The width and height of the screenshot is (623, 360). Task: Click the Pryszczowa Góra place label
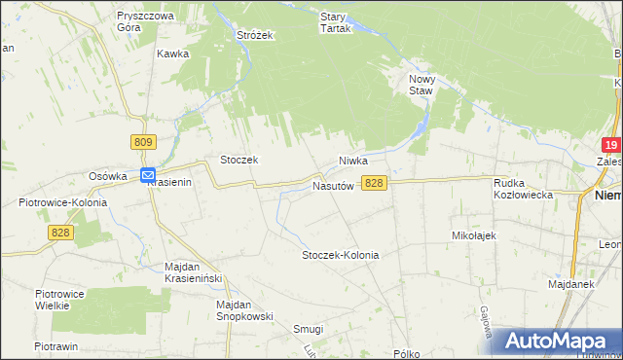tap(144, 22)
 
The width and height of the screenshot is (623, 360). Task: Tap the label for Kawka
tap(172, 54)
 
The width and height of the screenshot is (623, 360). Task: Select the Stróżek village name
tap(256, 35)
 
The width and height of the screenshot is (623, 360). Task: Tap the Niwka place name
tap(356, 161)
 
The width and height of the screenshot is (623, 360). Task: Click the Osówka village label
tap(109, 176)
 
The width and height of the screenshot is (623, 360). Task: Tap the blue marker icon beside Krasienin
tap(147, 176)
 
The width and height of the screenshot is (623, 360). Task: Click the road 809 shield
tap(143, 142)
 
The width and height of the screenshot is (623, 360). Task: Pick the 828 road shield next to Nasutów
tap(375, 183)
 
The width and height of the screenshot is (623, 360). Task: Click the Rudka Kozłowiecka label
tap(524, 189)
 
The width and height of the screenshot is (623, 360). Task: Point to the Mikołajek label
tap(475, 235)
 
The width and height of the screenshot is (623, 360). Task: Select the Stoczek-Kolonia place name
tap(340, 255)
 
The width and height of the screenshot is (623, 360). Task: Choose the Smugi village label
tap(309, 329)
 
